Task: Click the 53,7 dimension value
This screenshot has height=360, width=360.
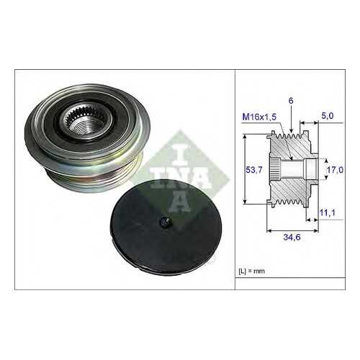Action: tap(254, 170)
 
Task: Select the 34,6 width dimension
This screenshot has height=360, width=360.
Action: tap(292, 237)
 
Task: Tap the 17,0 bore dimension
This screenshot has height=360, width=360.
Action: tap(336, 170)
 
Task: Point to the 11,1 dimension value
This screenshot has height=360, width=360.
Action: tap(327, 212)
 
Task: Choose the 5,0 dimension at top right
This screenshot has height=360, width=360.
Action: tap(328, 116)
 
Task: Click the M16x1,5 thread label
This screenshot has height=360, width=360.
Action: tap(259, 117)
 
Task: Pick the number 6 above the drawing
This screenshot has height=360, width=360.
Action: tap(291, 101)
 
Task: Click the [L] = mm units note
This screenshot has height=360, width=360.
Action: tap(252, 271)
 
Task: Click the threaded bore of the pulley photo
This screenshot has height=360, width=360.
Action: tap(81, 127)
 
